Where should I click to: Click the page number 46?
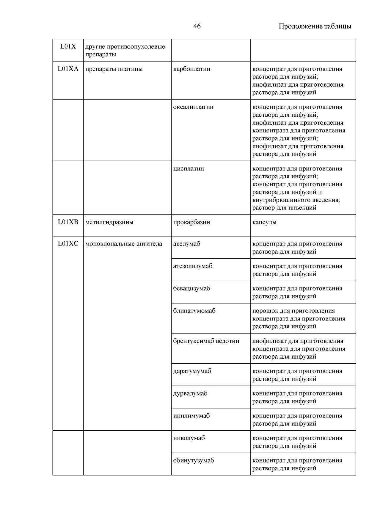[x=197, y=26]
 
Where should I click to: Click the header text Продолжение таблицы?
[x=315, y=26]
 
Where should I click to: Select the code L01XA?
[x=68, y=69]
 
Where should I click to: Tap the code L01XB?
[x=68, y=222]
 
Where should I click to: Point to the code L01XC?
[x=68, y=244]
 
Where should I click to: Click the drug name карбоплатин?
[x=191, y=69]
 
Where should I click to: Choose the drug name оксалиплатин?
[x=193, y=107]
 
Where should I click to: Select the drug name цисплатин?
[x=189, y=168]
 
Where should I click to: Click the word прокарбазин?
[x=191, y=222]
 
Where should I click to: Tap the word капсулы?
[x=264, y=222]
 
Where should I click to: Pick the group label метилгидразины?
[x=109, y=222]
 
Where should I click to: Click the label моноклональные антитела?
[x=124, y=244]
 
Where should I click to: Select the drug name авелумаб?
[x=187, y=244]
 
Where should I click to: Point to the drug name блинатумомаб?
[x=194, y=311]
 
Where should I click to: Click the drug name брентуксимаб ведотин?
[x=206, y=341]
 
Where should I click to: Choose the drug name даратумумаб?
[x=192, y=371]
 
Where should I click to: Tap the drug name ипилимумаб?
[x=191, y=416]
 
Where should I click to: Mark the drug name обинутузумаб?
[x=194, y=460]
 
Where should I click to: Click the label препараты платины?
[x=114, y=69]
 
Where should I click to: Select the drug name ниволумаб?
[x=189, y=438]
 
